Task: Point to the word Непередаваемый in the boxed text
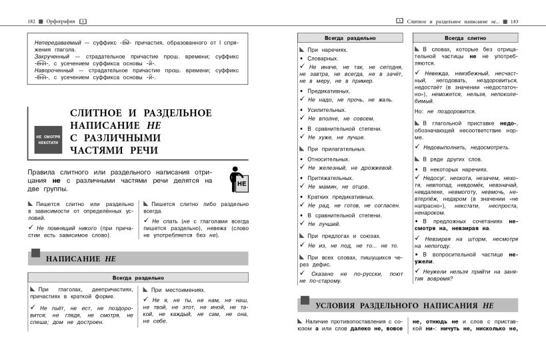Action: tap(59, 42)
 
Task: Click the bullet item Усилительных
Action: tap(327, 109)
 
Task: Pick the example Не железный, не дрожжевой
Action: tap(351, 168)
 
